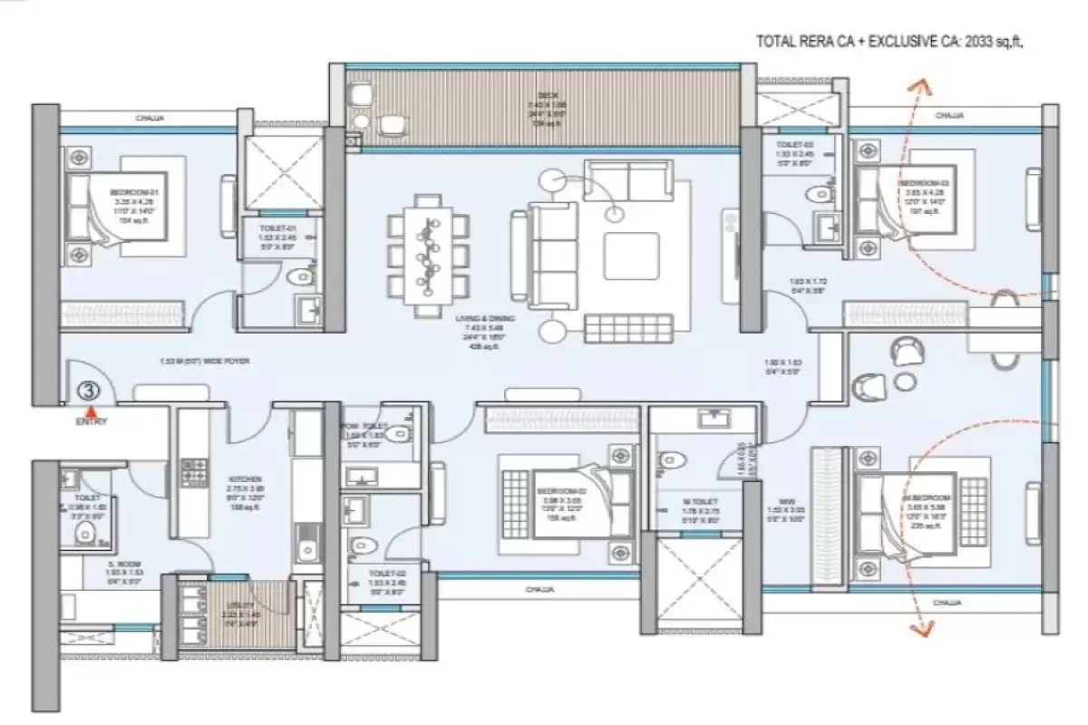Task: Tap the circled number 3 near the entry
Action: coord(89,391)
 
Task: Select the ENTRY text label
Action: coord(91,421)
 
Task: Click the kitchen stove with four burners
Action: coord(194,472)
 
